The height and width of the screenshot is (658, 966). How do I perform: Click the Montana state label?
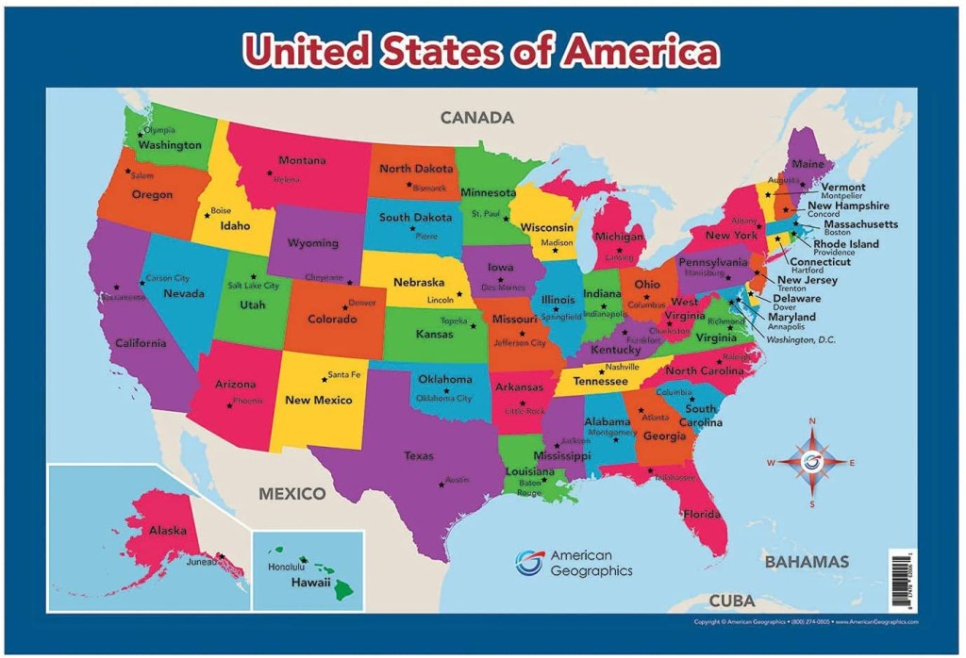(x=302, y=160)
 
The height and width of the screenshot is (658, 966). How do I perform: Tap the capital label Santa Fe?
(x=343, y=374)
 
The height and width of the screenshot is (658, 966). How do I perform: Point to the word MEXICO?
(x=292, y=493)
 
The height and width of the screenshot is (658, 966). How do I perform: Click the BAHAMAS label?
(x=807, y=562)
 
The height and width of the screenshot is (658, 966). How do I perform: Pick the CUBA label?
(x=732, y=600)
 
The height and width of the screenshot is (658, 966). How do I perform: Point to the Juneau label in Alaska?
(x=201, y=562)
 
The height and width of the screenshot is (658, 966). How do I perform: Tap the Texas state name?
(x=419, y=456)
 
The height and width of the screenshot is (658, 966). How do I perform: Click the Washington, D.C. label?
(x=801, y=339)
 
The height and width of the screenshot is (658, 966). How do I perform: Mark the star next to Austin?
(x=441, y=485)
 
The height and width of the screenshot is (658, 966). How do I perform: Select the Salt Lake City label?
(x=253, y=286)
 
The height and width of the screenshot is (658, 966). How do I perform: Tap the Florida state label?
(x=702, y=514)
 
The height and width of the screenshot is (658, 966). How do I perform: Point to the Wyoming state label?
(x=313, y=243)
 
